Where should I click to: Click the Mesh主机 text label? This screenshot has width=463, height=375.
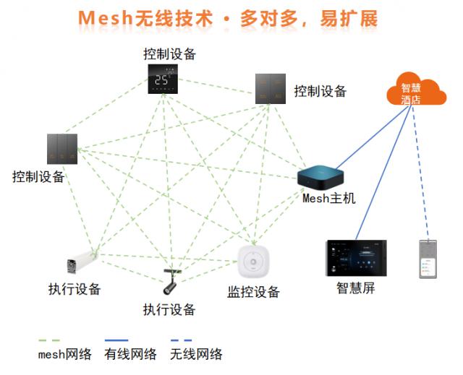(329, 199)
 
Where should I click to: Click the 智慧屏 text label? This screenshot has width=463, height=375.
(355, 288)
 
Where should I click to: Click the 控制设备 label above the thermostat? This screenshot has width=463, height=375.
(169, 53)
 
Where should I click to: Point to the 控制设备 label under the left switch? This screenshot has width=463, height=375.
(38, 176)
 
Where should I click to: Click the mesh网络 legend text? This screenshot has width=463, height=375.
(64, 353)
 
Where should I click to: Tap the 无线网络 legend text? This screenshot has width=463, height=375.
(196, 353)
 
